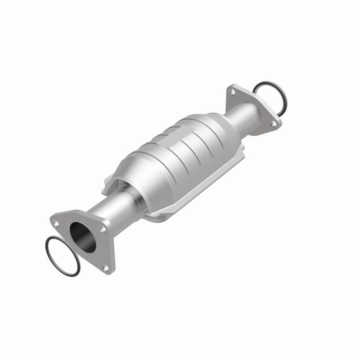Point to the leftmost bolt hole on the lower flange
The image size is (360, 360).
click(x=56, y=222)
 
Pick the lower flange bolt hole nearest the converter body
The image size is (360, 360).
click(x=103, y=229)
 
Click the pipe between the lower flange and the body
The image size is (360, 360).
click(x=108, y=211)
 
